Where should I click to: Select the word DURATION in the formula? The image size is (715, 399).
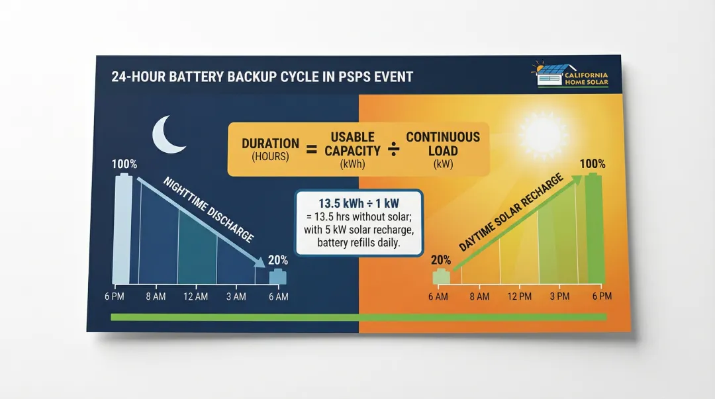pyautogui.click(x=270, y=144)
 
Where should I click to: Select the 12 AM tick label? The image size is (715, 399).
pyautogui.click(x=195, y=296)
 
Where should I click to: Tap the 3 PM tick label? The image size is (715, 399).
pyautogui.click(x=559, y=296)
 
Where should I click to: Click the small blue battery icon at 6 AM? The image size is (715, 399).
pyautogui.click(x=278, y=277)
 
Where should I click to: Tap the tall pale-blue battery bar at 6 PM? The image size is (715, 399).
pyautogui.click(x=122, y=228)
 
